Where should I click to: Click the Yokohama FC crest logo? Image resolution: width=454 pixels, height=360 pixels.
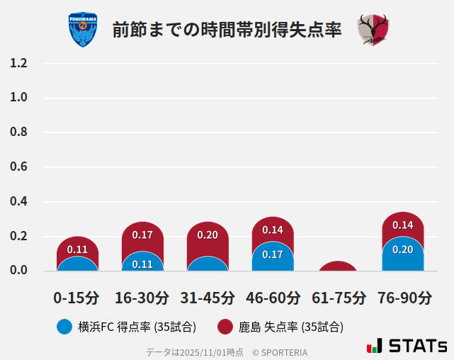click(83, 30)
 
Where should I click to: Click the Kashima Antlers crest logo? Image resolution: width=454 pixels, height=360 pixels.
click(373, 30)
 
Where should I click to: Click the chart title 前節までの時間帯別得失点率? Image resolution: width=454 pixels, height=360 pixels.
click(227, 30)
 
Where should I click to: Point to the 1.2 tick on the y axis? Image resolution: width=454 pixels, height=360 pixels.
click(18, 63)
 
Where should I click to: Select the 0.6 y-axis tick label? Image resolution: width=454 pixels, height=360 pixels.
click(18, 167)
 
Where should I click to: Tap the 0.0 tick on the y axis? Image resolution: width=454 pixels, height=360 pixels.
click(18, 271)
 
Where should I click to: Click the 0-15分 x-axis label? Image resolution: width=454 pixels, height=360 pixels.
click(76, 297)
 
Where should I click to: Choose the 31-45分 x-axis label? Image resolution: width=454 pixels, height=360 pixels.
click(207, 297)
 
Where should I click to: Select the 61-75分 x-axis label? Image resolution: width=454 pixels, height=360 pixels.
click(339, 297)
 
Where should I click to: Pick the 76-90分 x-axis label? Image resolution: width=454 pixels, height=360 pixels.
click(403, 297)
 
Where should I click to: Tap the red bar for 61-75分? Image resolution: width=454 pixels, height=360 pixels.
click(339, 266)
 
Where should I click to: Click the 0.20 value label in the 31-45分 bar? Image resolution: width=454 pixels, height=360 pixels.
click(208, 235)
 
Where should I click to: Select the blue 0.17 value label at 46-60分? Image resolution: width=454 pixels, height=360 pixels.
click(273, 254)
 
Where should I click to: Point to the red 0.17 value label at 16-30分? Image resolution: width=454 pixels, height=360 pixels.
click(142, 235)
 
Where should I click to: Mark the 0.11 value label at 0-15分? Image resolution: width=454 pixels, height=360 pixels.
click(77, 249)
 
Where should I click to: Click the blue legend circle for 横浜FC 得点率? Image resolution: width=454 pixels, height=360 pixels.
click(64, 327)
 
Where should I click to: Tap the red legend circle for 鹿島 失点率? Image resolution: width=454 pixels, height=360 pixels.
click(225, 327)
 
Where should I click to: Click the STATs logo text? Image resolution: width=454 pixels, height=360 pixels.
click(418, 346)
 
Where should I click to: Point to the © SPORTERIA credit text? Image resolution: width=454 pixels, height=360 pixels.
click(280, 352)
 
